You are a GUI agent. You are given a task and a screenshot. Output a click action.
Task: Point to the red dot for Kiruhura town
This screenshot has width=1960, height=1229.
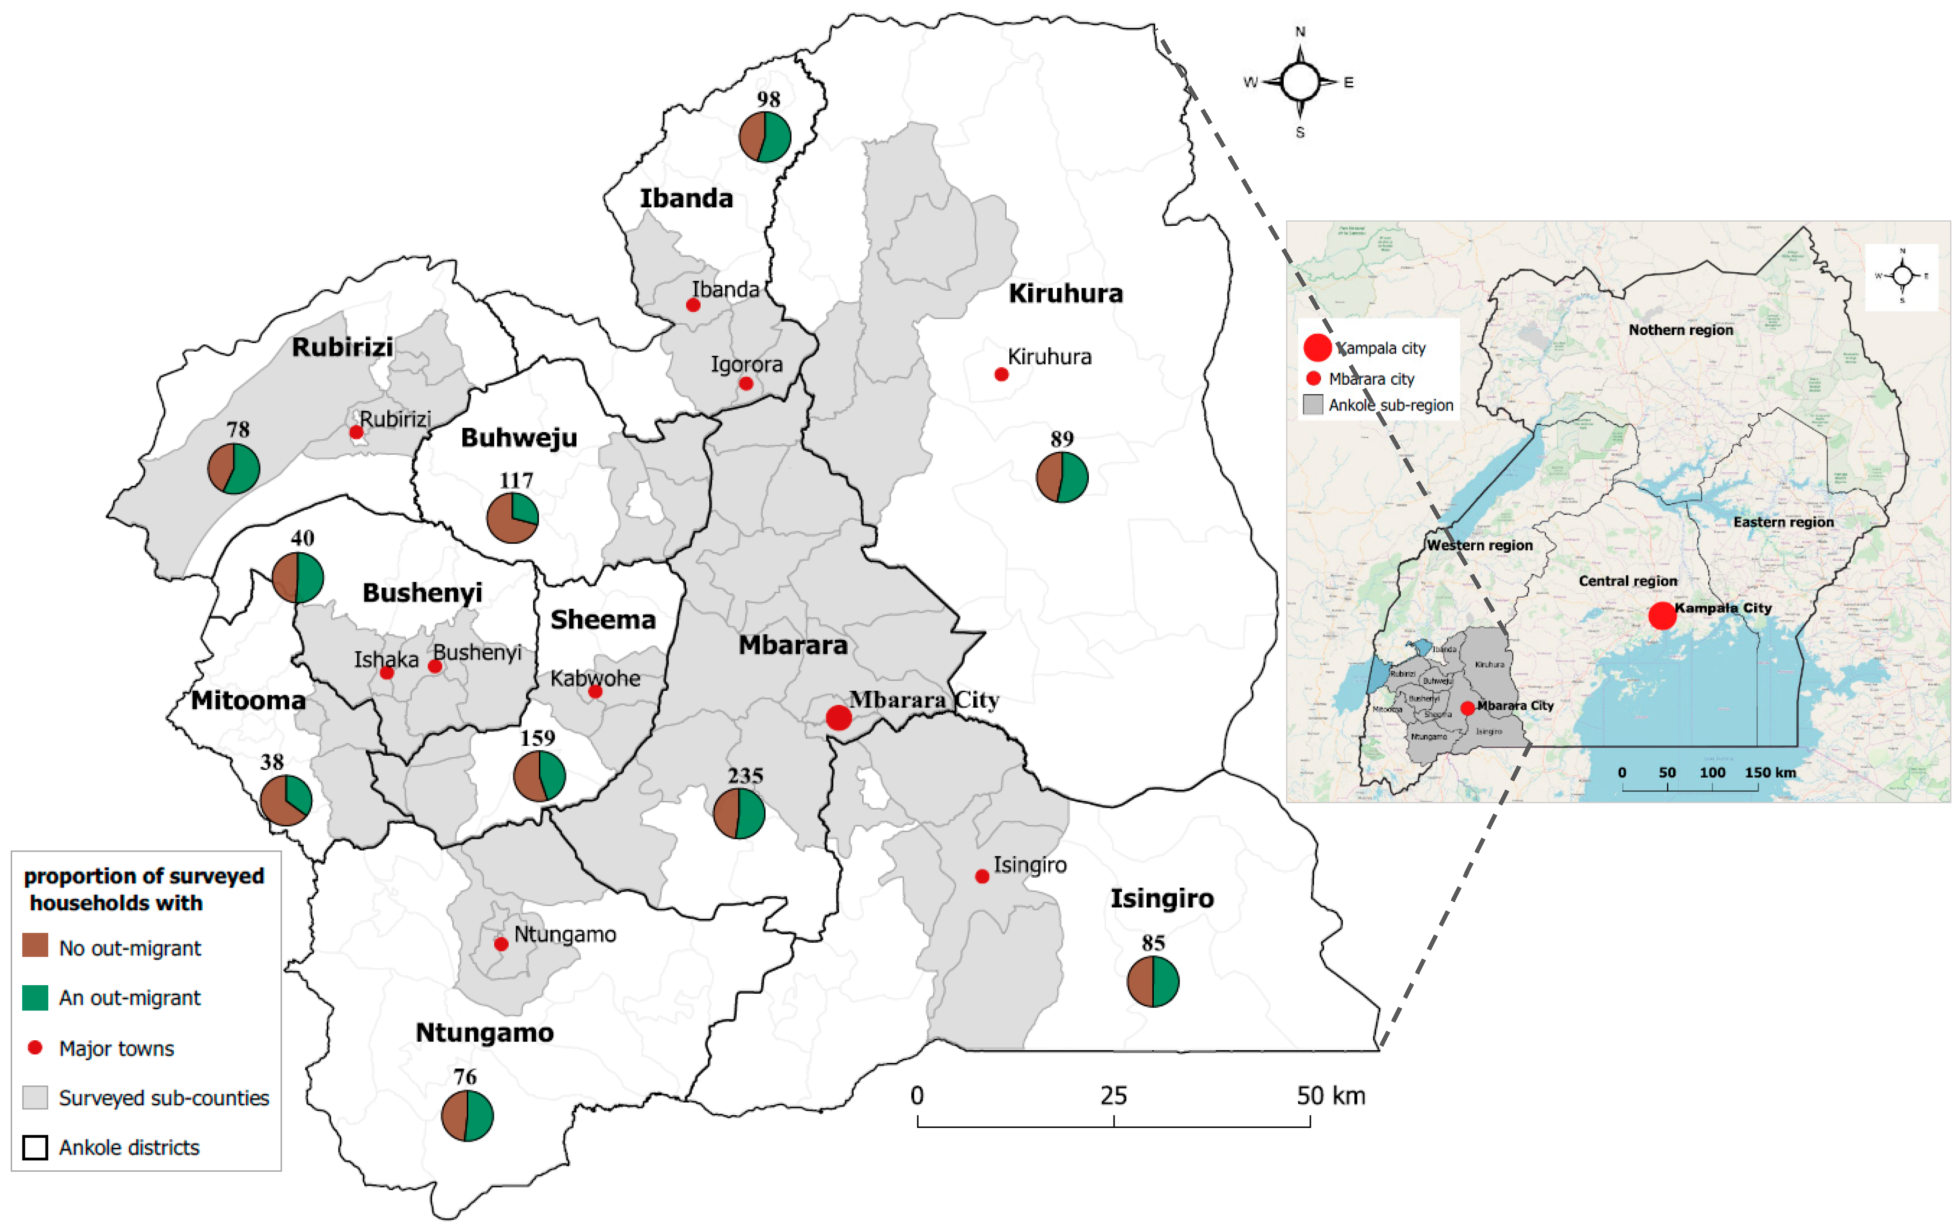[x=1001, y=375]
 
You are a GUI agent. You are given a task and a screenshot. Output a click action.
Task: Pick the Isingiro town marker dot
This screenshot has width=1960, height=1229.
[x=982, y=876]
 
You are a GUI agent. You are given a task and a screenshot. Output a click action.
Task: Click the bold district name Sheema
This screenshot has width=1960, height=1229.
[x=603, y=619]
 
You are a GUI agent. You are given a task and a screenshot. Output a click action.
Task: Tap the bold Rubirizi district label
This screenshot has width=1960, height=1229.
[x=342, y=347]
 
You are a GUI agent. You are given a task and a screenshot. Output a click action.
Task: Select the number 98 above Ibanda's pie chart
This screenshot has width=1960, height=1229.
[x=768, y=99]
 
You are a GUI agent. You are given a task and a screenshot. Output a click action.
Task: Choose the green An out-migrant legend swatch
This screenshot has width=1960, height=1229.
[x=35, y=997]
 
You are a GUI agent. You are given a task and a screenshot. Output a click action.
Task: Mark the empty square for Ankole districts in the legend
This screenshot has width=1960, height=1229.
[x=35, y=1147]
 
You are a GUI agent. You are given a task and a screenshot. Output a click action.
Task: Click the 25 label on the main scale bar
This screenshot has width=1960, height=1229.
[x=1113, y=1096]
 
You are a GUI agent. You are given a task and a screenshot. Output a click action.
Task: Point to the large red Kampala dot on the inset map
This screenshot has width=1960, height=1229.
[x=1662, y=615]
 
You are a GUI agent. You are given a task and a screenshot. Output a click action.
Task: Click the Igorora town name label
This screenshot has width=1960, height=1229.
[x=747, y=364]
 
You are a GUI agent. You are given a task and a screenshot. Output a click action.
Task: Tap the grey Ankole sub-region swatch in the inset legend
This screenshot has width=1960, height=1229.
[x=1312, y=405]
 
